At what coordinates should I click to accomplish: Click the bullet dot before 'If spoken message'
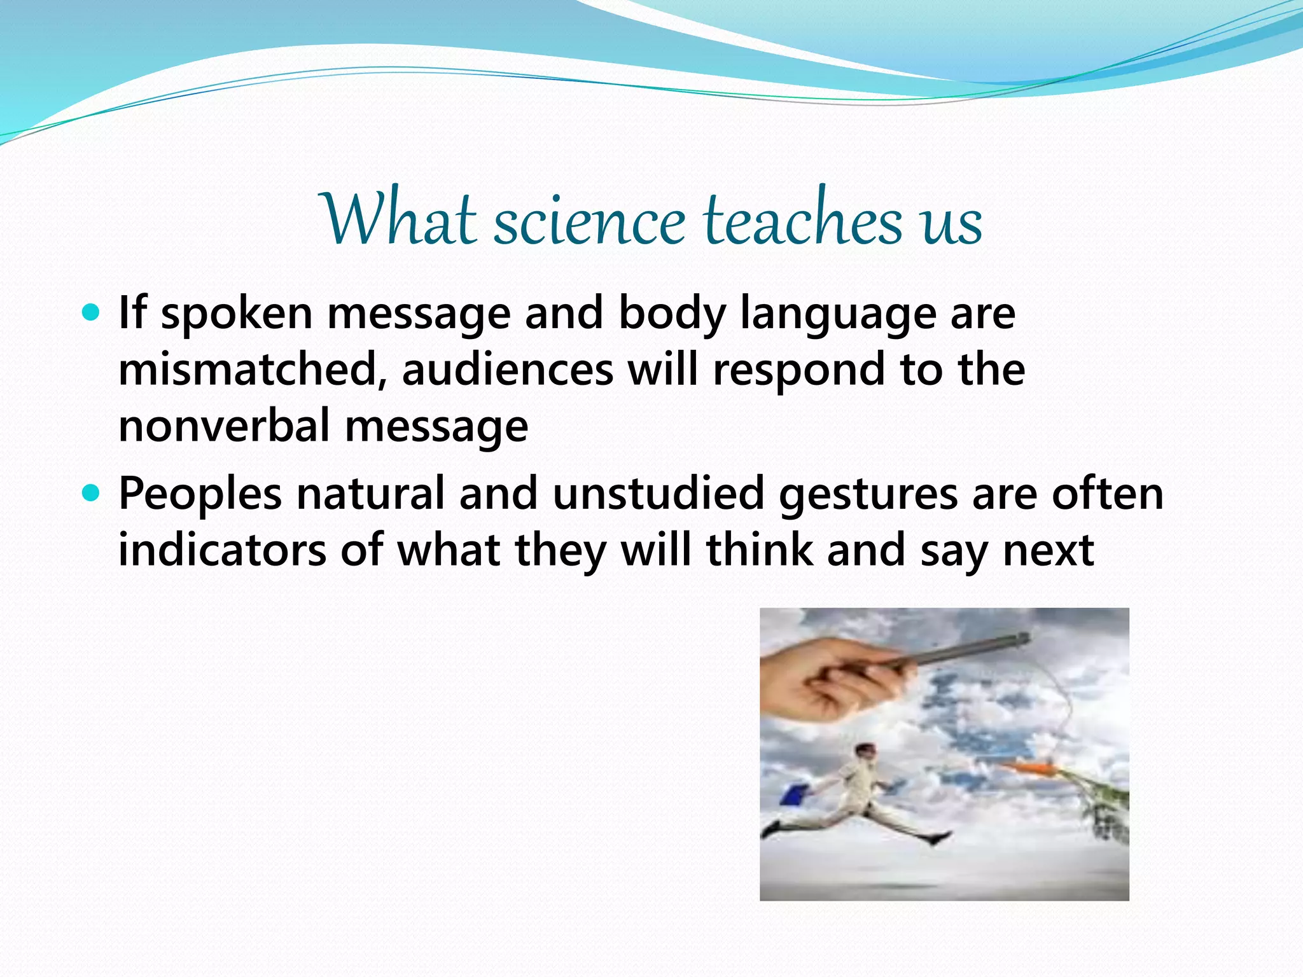tap(92, 312)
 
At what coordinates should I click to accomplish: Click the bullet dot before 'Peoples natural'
tap(92, 493)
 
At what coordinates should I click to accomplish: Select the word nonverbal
tap(224, 426)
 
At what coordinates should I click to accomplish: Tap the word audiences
tap(507, 370)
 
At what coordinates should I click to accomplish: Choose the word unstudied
tap(658, 494)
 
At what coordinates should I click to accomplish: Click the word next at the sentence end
tap(1048, 551)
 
